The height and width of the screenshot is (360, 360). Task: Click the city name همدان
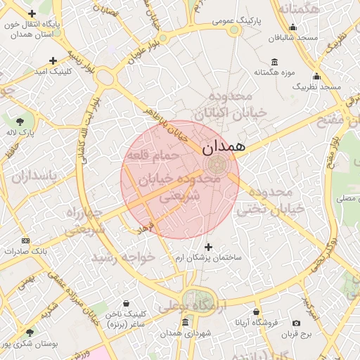(x=223, y=148)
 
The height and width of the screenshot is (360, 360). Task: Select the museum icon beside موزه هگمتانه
(x=274, y=61)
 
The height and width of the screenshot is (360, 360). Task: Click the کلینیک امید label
(x=52, y=72)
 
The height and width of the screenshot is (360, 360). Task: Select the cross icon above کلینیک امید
(x=52, y=60)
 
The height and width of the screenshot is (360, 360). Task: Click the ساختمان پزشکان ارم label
(x=208, y=258)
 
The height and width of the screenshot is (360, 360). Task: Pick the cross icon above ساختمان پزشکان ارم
(x=208, y=247)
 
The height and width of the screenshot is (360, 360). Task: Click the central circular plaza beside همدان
(x=216, y=165)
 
